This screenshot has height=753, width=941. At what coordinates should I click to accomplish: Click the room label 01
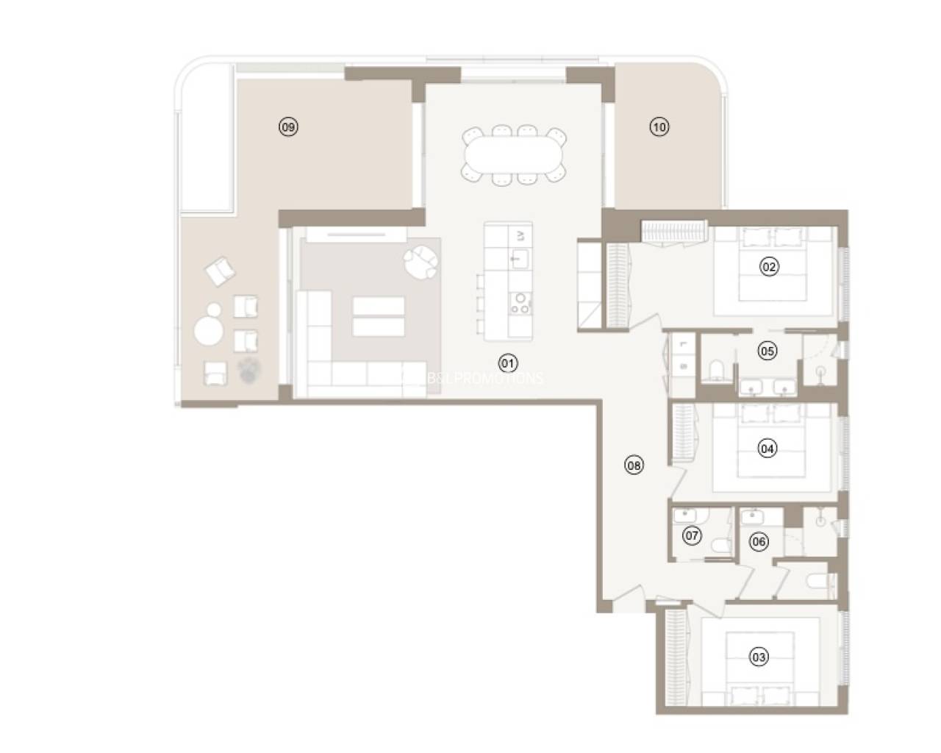click(x=507, y=363)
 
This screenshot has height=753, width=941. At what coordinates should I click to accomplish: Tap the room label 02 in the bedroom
click(x=769, y=267)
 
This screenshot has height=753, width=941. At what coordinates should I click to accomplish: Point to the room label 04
click(x=768, y=448)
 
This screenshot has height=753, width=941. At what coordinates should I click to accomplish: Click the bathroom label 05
click(x=767, y=351)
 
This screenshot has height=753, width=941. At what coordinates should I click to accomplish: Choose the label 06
click(x=759, y=542)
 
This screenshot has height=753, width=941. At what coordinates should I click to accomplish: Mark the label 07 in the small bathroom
click(x=692, y=535)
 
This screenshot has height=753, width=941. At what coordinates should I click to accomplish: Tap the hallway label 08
click(x=633, y=464)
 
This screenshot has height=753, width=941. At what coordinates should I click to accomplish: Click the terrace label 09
click(x=288, y=127)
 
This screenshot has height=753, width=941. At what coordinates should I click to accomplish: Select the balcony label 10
click(x=659, y=127)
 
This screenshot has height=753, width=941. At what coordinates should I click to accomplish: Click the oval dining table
click(x=514, y=154)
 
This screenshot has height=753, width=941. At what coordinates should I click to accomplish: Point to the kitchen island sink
click(x=520, y=259)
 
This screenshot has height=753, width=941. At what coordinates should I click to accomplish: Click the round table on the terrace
click(x=209, y=330)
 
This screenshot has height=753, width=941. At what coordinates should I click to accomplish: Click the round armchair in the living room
click(x=420, y=262)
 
